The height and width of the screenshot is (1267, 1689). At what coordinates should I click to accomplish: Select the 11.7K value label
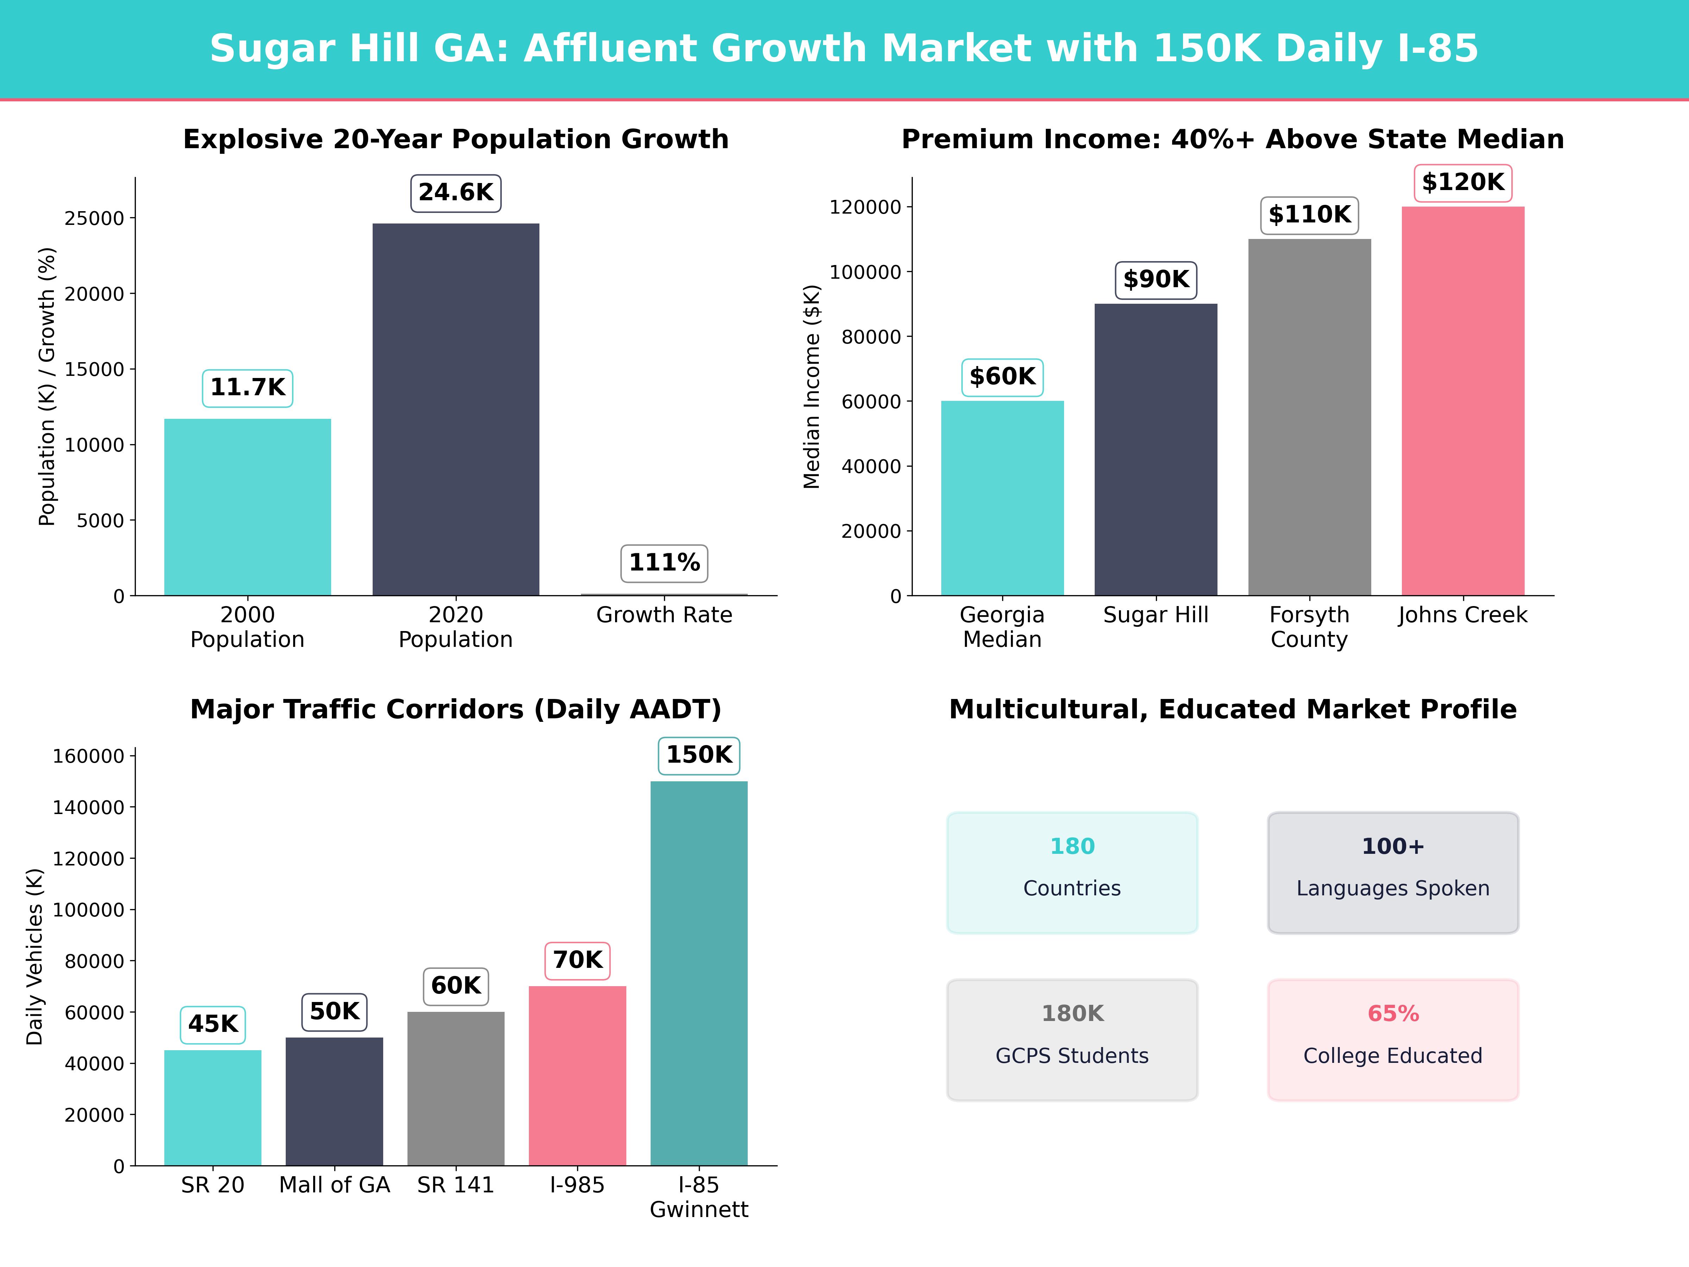(247, 388)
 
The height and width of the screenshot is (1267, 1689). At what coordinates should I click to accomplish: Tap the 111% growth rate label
(664, 563)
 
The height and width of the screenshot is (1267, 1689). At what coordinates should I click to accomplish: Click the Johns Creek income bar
(1462, 401)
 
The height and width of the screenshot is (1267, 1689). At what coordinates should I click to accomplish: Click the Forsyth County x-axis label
(1309, 627)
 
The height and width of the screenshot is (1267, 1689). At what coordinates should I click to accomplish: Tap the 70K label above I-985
(577, 960)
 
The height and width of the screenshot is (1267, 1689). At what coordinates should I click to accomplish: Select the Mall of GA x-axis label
(334, 1185)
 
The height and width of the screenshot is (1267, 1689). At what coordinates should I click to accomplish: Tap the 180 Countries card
(1072, 872)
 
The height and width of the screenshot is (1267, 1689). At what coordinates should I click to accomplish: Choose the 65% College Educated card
(1393, 1039)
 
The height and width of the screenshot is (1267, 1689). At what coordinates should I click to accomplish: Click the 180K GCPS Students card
(1072, 1039)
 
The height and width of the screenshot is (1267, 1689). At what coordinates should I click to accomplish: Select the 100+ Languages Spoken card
(1393, 872)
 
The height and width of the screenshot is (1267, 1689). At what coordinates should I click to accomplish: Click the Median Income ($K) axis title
(812, 386)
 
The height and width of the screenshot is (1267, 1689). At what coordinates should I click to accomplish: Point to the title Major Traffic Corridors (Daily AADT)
(456, 710)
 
